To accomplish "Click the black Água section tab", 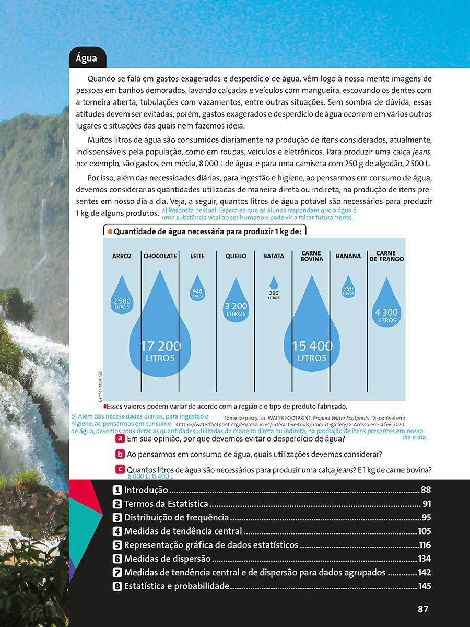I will click(x=87, y=58).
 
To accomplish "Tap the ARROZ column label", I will click(x=122, y=256).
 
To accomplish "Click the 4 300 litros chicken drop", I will click(x=386, y=306).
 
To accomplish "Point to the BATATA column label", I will click(x=274, y=256).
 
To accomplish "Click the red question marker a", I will click(x=120, y=439).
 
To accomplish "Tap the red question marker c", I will click(x=120, y=469).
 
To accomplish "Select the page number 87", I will click(x=424, y=609).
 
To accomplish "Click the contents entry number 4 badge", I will click(x=118, y=531).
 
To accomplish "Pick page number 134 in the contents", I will click(x=424, y=559).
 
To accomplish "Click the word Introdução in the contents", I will click(x=146, y=490).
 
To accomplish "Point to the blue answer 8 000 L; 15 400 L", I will click(x=150, y=477).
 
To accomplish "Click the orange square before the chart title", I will click(x=110, y=231).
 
